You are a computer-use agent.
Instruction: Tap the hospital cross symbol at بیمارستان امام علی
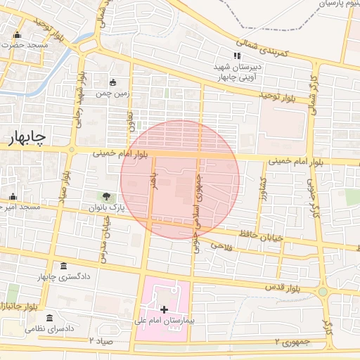(165, 309)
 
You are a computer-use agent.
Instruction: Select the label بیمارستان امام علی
(169, 321)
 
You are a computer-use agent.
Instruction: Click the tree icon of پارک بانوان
(106, 197)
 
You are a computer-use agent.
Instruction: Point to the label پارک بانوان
(105, 208)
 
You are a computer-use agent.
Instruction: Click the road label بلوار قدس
(283, 288)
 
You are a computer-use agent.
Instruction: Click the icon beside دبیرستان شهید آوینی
(237, 56)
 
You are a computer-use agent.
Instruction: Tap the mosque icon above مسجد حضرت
(17, 35)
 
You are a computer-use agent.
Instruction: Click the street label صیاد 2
(101, 340)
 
